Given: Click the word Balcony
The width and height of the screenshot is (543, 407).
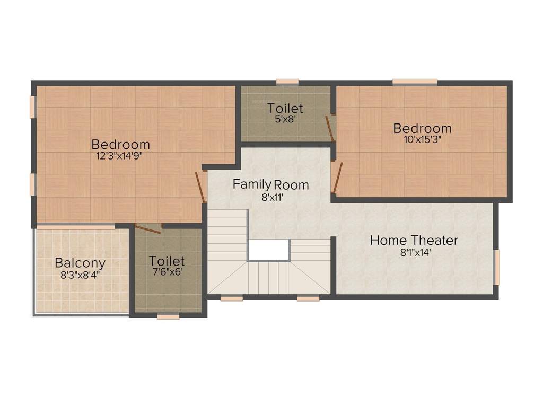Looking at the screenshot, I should (80, 263).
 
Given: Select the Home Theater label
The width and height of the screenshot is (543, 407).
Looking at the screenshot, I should (414, 240).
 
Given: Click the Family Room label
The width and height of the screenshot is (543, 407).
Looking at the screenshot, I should (270, 184).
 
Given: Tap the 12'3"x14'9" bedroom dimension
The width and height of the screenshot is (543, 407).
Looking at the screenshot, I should (120, 155).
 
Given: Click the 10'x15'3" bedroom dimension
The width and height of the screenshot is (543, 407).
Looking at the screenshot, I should (423, 140).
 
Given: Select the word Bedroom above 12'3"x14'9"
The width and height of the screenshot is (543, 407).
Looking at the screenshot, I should (120, 144).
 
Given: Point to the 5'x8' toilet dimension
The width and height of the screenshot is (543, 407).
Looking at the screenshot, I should (285, 119).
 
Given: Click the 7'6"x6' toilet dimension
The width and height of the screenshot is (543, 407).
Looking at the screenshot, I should (167, 273).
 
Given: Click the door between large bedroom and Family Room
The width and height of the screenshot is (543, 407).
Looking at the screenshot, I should (200, 187).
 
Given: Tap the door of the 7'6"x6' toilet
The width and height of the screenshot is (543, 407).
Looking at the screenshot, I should (148, 228).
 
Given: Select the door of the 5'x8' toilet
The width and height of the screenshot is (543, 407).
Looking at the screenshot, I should (330, 127).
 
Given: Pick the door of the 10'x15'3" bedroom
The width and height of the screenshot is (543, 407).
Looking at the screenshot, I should (336, 177).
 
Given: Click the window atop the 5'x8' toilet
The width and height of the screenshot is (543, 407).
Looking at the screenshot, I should (287, 82).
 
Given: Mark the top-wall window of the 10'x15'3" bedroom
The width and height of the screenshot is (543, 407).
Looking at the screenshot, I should (415, 82).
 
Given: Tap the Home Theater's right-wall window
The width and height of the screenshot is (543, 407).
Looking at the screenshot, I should (497, 267).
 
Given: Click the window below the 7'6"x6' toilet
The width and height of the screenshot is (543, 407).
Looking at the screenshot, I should (168, 316).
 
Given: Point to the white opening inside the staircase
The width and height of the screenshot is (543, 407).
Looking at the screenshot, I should (268, 250).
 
